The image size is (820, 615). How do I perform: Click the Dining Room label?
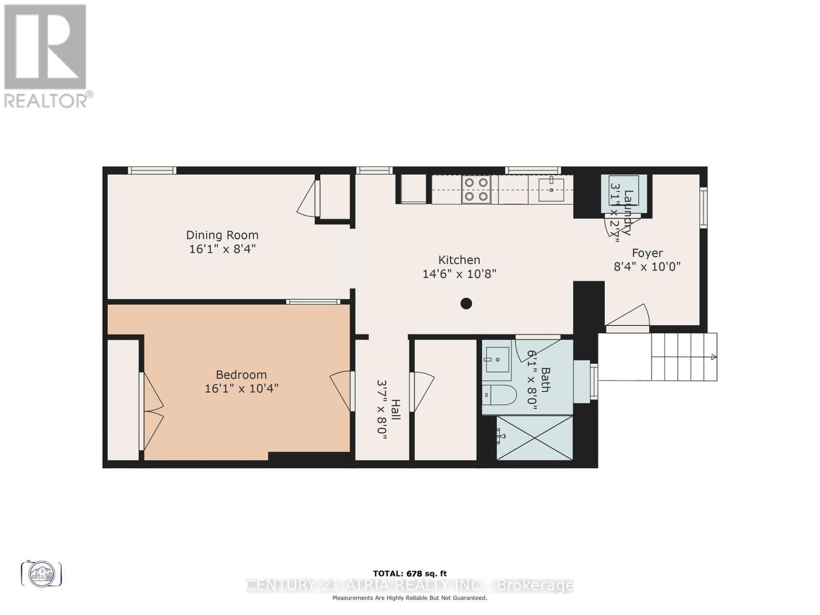point(222,235)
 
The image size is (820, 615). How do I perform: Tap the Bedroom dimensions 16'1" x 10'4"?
point(241,388)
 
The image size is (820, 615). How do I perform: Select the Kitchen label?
point(459,260)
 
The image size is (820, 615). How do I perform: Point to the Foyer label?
point(647,253)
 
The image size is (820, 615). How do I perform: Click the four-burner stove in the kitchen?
point(476,189)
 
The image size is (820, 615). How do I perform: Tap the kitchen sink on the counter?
point(551,189)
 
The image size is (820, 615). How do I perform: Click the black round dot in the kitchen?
point(466,303)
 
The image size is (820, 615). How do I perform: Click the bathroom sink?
point(497,359)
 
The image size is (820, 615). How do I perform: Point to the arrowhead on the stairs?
point(713,357)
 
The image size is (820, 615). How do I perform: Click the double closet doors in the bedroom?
point(152,410)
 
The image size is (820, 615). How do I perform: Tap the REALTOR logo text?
point(49,99)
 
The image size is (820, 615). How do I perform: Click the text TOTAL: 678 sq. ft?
point(409,573)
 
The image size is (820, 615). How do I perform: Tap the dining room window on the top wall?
point(152,170)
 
